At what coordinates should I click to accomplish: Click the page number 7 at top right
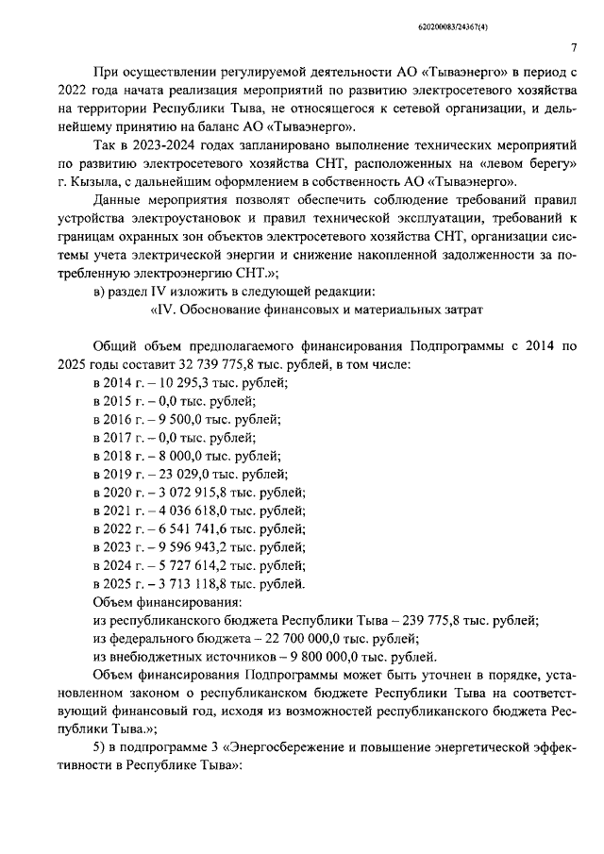click(x=575, y=49)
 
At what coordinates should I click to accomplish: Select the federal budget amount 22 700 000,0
click(x=273, y=639)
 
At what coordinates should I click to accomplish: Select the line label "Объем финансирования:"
click(x=166, y=602)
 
